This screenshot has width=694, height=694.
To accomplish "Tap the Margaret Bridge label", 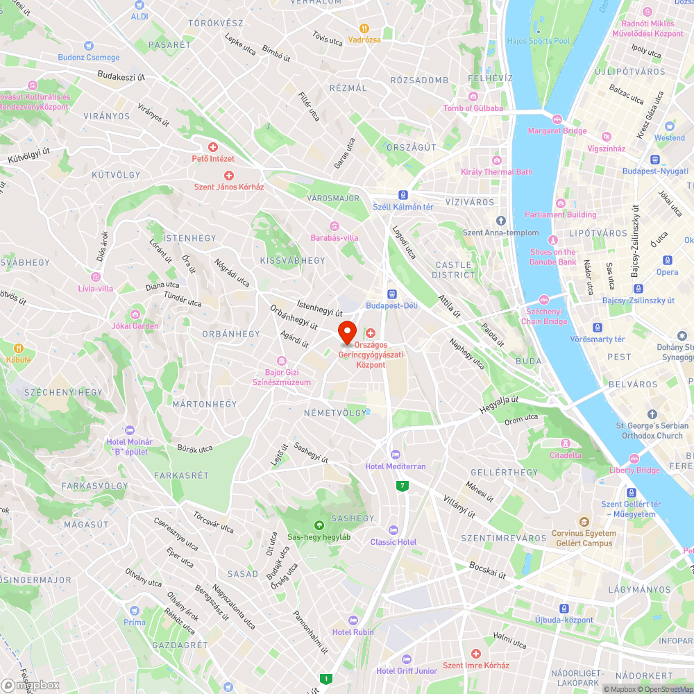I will coord(557,130).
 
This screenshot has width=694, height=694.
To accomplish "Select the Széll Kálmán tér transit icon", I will coord(403,196).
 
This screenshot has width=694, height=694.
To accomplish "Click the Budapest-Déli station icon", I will coord(391,294).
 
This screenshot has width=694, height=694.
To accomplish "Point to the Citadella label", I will coord(566,455).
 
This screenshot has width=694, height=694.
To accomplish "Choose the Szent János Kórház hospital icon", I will coord(228,176).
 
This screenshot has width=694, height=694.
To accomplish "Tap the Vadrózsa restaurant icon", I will coord(364,28).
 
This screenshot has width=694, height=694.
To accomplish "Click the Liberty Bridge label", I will coord(635,470).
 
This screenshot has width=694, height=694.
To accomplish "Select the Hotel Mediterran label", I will coord(396,466).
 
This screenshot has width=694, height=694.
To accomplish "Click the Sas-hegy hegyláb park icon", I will coord(319,525).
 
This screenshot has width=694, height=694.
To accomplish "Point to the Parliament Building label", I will coord(561,214).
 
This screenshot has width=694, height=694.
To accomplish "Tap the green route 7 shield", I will coord(403,486).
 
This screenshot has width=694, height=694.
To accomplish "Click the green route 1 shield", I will coord(325,678).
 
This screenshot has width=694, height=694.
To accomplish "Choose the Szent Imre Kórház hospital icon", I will coord(476,654).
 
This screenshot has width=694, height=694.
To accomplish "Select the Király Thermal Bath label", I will coord(497,171).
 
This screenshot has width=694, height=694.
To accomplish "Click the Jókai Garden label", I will coord(135,325).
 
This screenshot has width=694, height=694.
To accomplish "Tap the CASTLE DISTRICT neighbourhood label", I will coord(455,269).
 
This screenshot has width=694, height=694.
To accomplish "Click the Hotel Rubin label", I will coord(353,632).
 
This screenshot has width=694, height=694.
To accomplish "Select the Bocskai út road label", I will coord(486,570).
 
